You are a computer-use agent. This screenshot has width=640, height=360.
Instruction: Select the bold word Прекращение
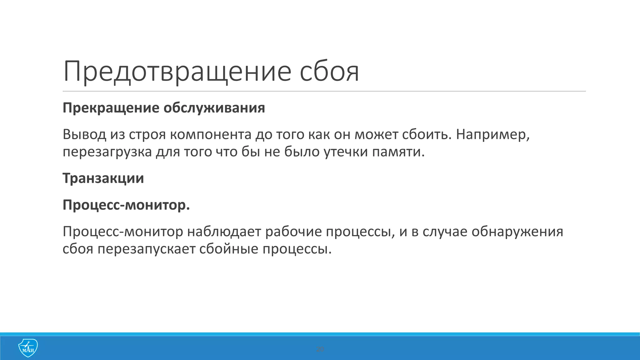111,108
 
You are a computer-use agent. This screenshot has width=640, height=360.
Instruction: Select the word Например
492,135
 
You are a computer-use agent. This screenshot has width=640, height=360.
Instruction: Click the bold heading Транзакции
103,178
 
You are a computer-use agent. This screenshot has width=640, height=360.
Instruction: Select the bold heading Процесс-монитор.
126,205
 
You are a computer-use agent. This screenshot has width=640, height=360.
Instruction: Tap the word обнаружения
517,232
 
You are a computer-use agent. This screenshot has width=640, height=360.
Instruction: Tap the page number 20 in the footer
320,349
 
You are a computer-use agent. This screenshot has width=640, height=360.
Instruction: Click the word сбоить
427,135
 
